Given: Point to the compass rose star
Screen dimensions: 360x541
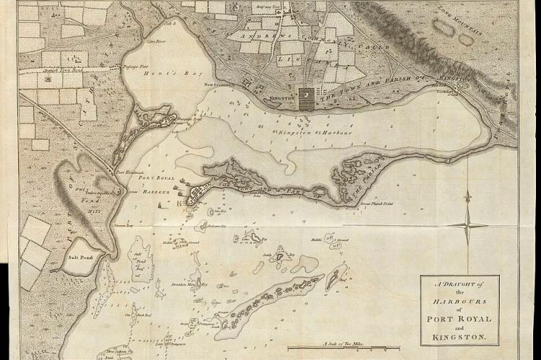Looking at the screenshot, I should [467, 225].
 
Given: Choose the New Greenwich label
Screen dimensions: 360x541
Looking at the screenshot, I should [220, 85].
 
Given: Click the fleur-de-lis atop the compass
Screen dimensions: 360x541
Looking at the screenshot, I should [467, 196].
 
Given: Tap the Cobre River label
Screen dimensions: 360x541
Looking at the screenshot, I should [151, 42].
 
